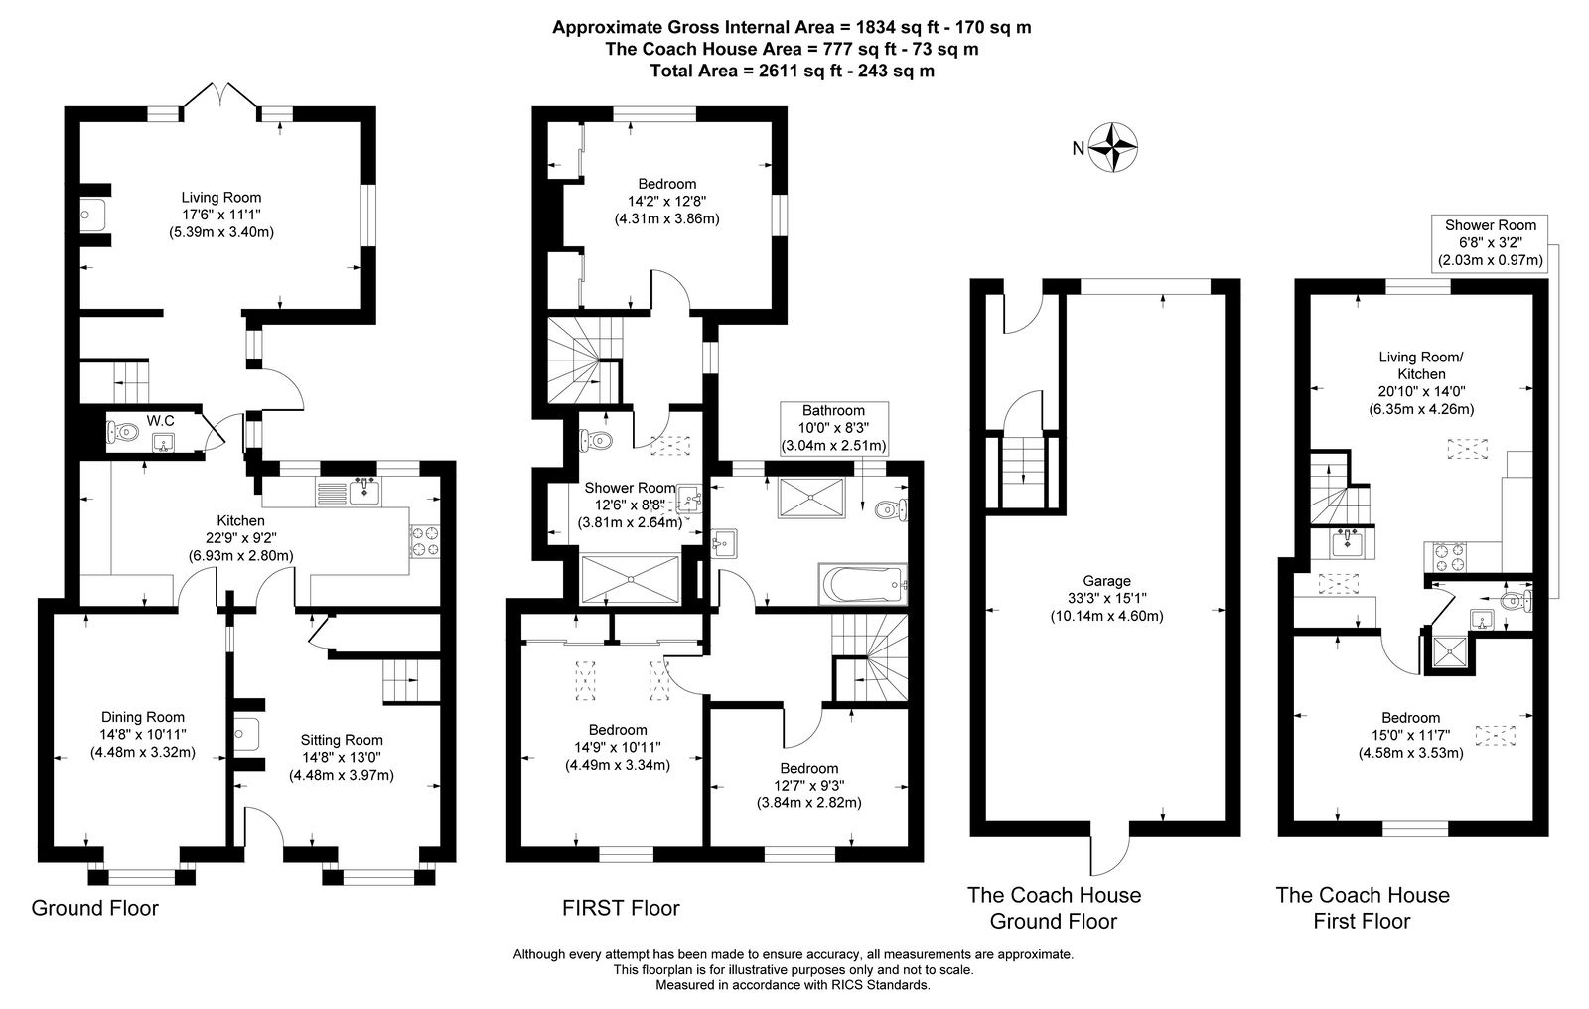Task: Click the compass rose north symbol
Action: [1111, 148]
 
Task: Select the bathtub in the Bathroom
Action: [863, 584]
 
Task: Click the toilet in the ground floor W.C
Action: [122, 431]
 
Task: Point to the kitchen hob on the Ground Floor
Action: [424, 540]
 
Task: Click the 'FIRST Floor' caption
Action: [621, 908]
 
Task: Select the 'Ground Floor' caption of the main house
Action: [95, 908]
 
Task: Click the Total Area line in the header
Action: [792, 71]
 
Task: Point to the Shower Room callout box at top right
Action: [1490, 243]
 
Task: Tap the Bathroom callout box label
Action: [833, 429]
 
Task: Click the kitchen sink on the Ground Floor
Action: [363, 491]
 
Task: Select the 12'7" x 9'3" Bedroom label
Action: [808, 786]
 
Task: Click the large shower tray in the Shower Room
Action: [630, 579]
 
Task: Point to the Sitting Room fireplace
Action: [247, 734]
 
